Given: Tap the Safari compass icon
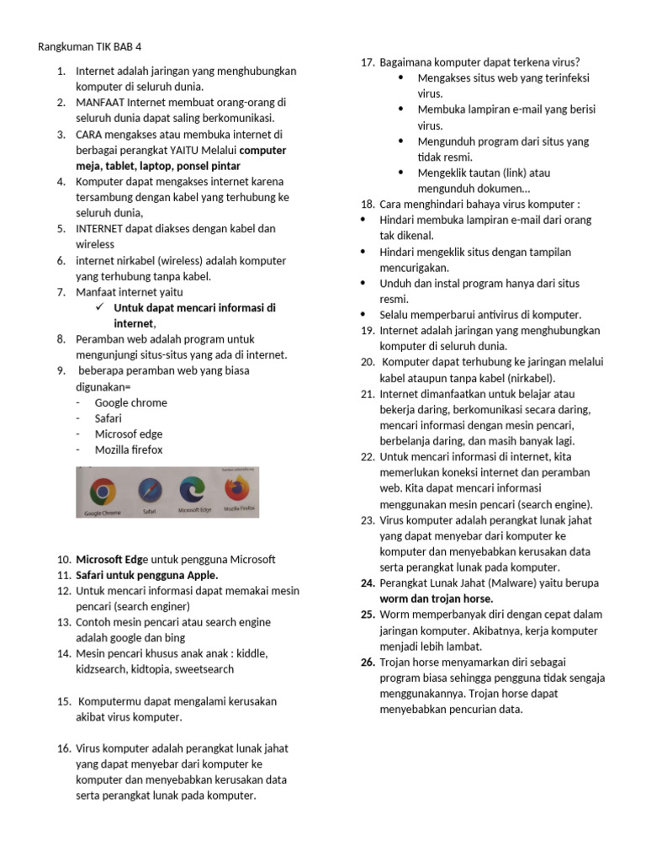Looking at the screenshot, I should point(150,489).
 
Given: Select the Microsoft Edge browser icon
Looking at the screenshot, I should point(193,489).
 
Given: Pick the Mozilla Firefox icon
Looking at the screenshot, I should point(238,487).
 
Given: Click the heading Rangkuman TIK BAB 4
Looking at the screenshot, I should point(95,46).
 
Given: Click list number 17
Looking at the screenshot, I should point(367,62).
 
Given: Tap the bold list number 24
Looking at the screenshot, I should point(368,583).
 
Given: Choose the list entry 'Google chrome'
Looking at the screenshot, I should point(130,402).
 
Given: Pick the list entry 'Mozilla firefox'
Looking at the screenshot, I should point(129,450).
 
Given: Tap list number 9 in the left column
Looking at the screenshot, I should point(61,370).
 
